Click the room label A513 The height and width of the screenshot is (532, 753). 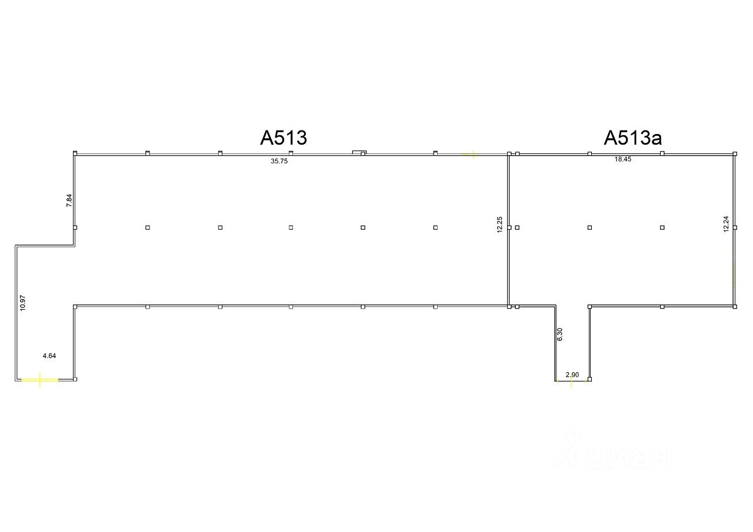click(x=284, y=138)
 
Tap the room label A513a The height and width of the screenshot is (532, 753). click(x=632, y=138)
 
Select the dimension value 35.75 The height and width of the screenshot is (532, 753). click(x=279, y=161)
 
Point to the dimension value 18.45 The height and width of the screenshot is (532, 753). click(x=622, y=159)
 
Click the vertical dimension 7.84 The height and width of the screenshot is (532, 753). click(x=69, y=200)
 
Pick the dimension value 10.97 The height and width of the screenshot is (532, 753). click(x=22, y=302)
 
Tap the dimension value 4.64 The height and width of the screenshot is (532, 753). click(x=49, y=356)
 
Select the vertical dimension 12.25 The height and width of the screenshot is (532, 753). click(x=499, y=225)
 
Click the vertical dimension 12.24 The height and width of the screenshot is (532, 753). click(x=726, y=224)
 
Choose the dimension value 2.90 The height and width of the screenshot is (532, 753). click(x=572, y=374)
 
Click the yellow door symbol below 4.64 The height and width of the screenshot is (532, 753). click(x=39, y=380)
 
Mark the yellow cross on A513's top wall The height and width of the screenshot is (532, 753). click(x=471, y=155)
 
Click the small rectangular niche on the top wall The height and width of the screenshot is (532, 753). click(x=359, y=152)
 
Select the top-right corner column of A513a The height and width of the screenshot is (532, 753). click(x=735, y=153)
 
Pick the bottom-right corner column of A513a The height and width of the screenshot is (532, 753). click(x=735, y=306)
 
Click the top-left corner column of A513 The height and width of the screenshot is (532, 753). click(x=75, y=153)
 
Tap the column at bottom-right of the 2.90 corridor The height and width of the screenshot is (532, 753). click(x=589, y=379)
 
